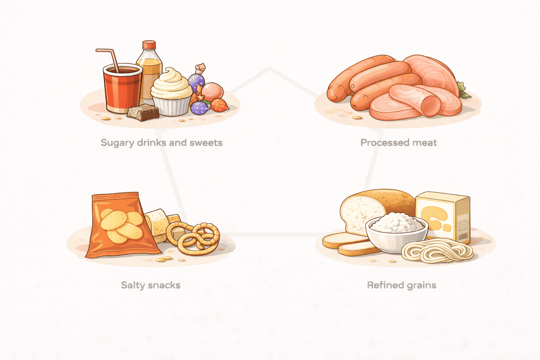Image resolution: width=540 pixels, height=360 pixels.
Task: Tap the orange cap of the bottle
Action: coord(149,45)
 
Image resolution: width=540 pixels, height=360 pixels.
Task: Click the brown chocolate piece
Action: coord(143,112)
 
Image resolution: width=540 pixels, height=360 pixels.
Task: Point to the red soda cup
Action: coord(122,88)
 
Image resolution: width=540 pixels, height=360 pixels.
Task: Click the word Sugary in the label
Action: coord(117,143)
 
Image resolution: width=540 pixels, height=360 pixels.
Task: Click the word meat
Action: coord(425,143)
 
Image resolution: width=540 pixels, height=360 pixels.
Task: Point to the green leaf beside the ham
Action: coord(464,90)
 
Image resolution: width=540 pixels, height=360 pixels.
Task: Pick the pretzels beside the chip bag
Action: coord(193,238)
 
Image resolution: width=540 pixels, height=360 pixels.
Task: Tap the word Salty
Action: coord(133,285)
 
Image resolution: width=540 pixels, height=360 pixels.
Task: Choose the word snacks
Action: coord(164,285)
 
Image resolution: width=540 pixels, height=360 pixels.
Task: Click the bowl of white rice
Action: coord(397,232)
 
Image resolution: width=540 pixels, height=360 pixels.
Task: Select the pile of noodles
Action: coord(437,251)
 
